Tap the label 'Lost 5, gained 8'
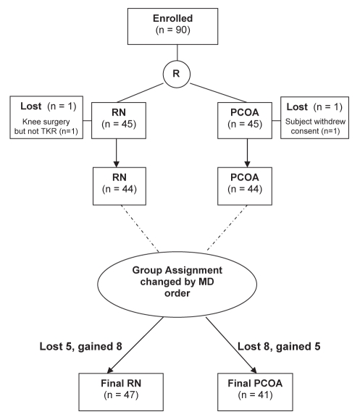pos(81,346)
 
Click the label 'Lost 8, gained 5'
pos(279,346)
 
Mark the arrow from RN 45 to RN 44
pos(117,153)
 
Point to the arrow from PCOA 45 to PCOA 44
pos(247,153)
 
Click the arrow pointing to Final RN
pos(135,345)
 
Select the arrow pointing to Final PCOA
pos(231,345)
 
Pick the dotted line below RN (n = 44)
pos(140,229)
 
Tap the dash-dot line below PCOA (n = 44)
pos(227,228)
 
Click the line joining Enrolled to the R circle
pos(177,53)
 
